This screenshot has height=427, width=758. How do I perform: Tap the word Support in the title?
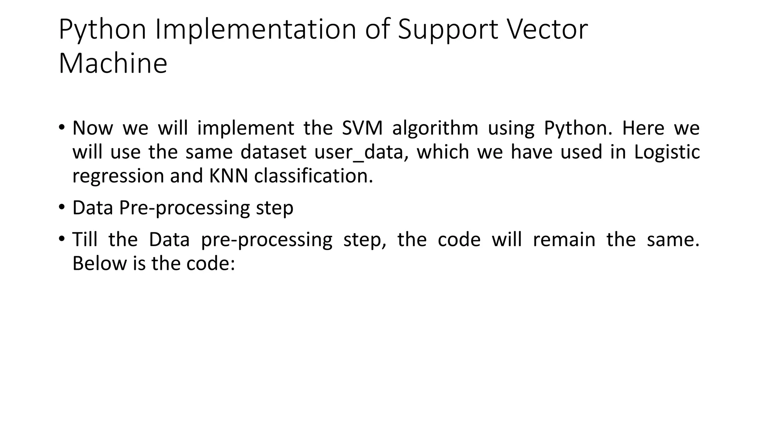448,30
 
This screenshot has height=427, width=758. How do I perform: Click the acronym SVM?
362,128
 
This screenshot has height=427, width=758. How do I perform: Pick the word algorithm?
435,128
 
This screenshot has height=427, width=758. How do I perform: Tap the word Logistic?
667,152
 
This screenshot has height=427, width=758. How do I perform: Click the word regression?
118,176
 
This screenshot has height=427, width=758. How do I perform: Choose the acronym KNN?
228,176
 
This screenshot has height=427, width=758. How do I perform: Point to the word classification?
313,176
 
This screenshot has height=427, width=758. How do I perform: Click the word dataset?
273,152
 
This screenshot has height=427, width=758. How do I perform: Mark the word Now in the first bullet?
93,128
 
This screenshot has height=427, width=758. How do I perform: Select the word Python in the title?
103,30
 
